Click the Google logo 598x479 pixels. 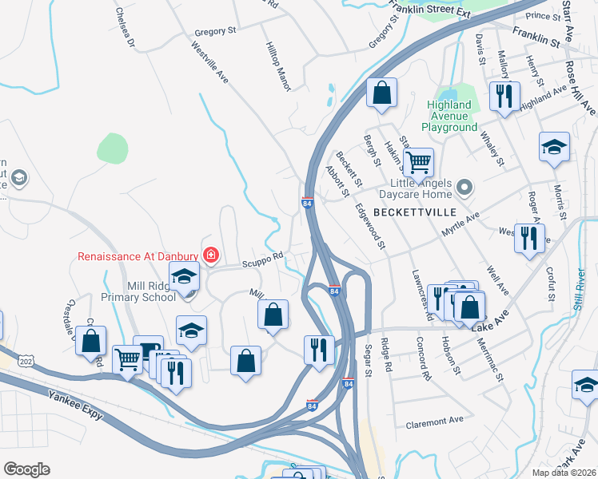click(x=26, y=469)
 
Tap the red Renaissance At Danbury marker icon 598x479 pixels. click(x=211, y=255)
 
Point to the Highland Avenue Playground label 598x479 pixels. click(x=448, y=116)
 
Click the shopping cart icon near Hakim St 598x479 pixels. click(x=417, y=164)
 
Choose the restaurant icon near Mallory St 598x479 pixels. click(x=504, y=97)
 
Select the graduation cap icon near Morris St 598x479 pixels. click(x=553, y=147)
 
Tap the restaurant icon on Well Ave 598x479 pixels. click(x=528, y=238)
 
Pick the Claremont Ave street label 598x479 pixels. click(x=435, y=421)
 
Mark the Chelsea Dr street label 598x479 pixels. click(x=125, y=26)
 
